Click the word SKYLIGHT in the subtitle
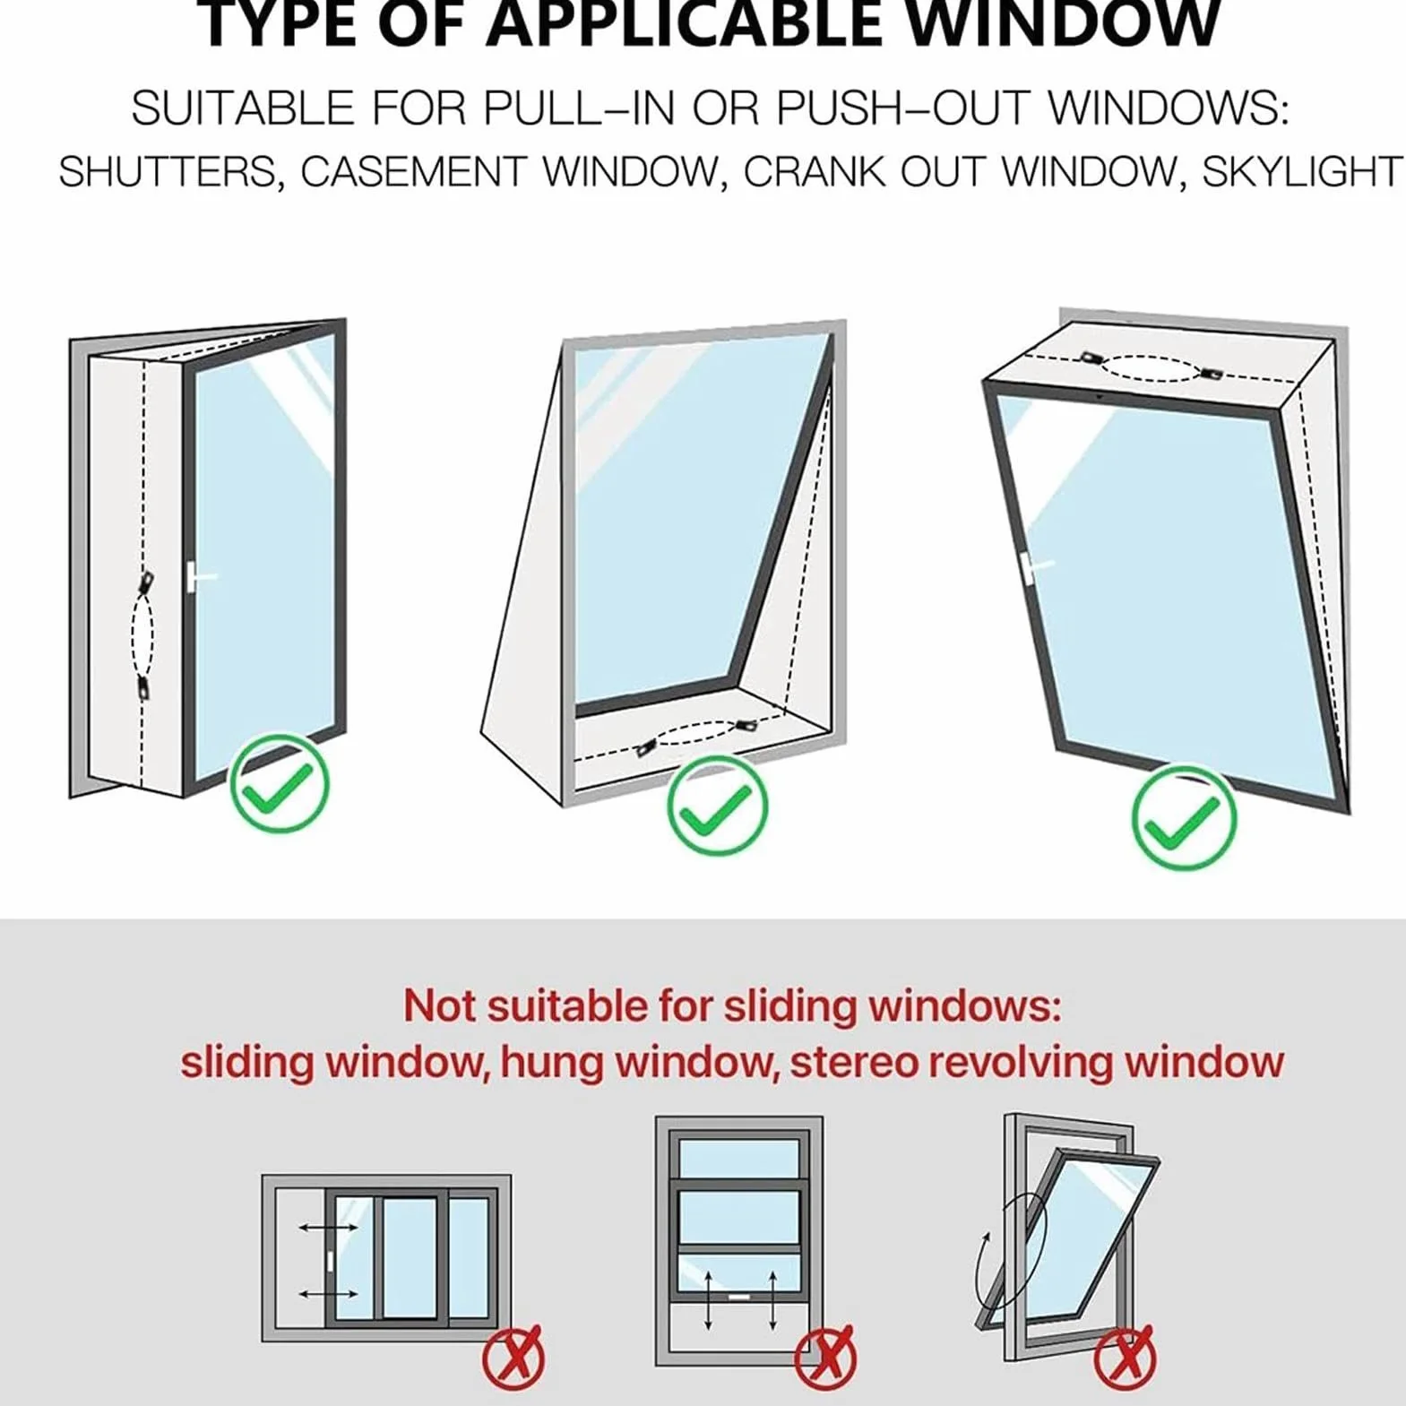tap(1302, 172)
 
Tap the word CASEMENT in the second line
tap(413, 172)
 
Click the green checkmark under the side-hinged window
tap(280, 784)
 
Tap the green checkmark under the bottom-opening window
tap(718, 804)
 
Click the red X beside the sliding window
tap(513, 1358)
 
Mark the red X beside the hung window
tap(825, 1358)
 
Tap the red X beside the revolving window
tap(1124, 1358)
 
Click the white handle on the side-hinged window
tap(202, 576)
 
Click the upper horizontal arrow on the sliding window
tap(329, 1227)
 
